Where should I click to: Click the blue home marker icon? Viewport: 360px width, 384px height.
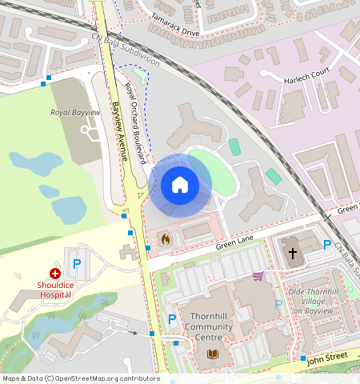pos(180,185)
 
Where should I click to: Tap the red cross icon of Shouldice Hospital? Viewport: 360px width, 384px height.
pos(54,274)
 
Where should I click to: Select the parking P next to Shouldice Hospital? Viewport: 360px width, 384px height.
pos(78,263)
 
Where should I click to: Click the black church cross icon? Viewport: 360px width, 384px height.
pos(292,254)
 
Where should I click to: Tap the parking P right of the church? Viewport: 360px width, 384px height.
pos(326,245)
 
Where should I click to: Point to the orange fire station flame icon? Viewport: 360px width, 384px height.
pos(165,238)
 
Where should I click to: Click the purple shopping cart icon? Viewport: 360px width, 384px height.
pos(258,277)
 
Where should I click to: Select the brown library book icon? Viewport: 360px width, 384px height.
pos(213,354)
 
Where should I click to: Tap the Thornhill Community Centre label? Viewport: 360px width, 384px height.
pos(208,326)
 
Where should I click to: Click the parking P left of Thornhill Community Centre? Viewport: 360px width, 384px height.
pos(172,319)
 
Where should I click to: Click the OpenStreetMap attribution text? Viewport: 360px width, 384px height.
pos(81,378)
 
